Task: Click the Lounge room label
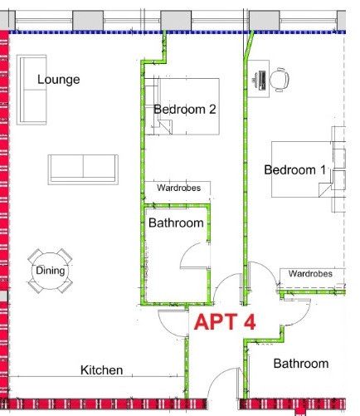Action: (59, 80)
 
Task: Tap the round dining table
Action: (50, 271)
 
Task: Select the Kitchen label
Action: (102, 370)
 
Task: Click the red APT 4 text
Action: (225, 321)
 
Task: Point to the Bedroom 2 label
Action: (185, 110)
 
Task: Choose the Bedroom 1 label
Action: (294, 169)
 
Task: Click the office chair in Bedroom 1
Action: (280, 80)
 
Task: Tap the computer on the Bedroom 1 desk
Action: (260, 81)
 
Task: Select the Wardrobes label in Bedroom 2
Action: (178, 188)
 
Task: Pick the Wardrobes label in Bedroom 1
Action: (310, 274)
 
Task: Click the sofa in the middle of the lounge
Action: (83, 169)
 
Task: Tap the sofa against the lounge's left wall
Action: (32, 90)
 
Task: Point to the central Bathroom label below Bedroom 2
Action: (176, 223)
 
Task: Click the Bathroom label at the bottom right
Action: (301, 364)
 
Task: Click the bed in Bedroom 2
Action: (182, 106)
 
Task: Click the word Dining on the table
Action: (51, 271)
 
